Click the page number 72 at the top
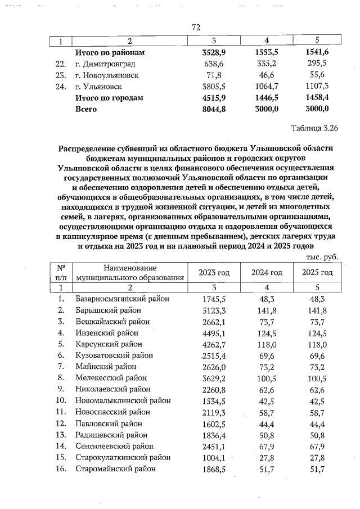click(196, 27)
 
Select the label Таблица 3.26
click(312, 128)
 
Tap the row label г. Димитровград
click(105, 64)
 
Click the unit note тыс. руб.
click(321, 256)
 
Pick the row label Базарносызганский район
click(122, 299)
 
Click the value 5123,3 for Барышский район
click(214, 310)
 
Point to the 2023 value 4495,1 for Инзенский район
click(214, 332)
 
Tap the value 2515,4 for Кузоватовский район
click(213, 355)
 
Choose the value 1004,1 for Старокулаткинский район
click(214, 457)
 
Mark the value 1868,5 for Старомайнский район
click(214, 469)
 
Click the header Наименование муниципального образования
click(130, 273)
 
